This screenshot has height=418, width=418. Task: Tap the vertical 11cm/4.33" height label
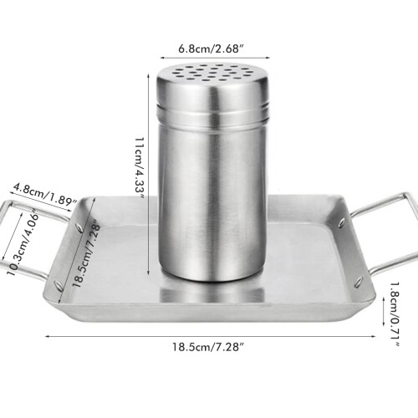point(139,167)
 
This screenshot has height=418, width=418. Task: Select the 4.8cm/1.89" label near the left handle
point(43,194)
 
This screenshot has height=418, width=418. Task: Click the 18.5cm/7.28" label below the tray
point(208,347)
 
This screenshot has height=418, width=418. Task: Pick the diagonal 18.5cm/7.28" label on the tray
point(86,253)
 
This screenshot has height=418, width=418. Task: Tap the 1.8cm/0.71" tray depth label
point(395,314)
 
